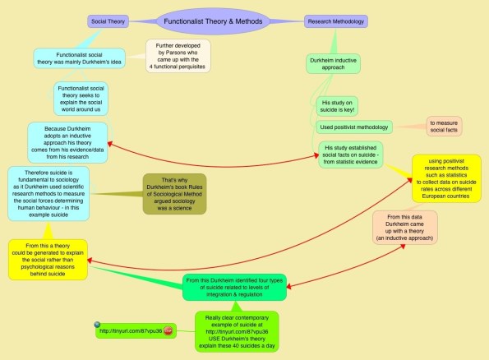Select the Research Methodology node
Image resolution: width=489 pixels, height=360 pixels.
coord(337,21)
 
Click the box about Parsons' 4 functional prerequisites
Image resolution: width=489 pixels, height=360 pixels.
coord(178,55)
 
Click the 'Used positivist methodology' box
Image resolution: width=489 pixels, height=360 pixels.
coord(354,127)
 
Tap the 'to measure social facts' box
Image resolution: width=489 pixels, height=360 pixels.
coord(443,126)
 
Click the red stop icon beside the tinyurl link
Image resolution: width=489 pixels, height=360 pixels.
coord(168,331)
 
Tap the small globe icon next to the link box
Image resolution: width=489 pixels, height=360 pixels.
coord(98,324)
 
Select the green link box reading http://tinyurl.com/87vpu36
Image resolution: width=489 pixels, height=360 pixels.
coord(131,331)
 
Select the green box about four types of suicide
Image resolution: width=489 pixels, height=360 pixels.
coord(234,285)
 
